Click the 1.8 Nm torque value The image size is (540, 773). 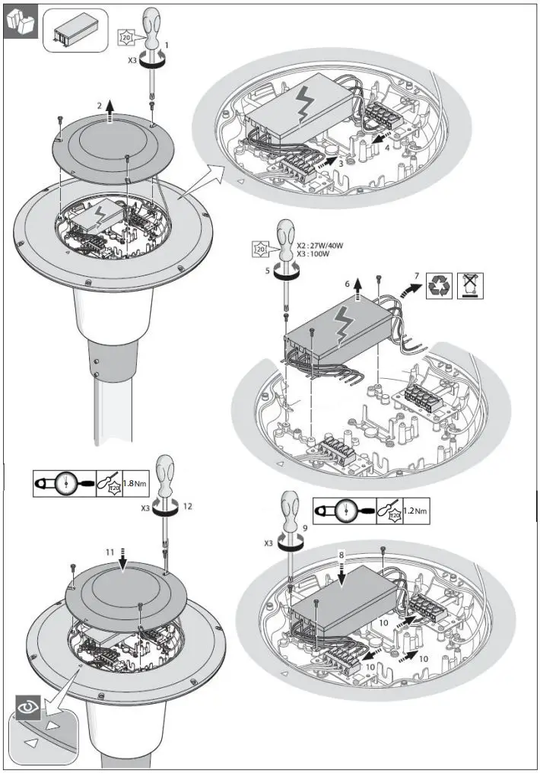pyautogui.click(x=135, y=483)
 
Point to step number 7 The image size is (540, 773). pyautogui.click(x=416, y=274)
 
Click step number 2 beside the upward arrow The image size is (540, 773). pyautogui.click(x=98, y=103)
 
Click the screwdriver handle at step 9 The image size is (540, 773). pyautogui.click(x=290, y=507)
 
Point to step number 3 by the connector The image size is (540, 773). pyautogui.click(x=341, y=162)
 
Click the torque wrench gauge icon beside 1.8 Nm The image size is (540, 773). pyautogui.click(x=65, y=483)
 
